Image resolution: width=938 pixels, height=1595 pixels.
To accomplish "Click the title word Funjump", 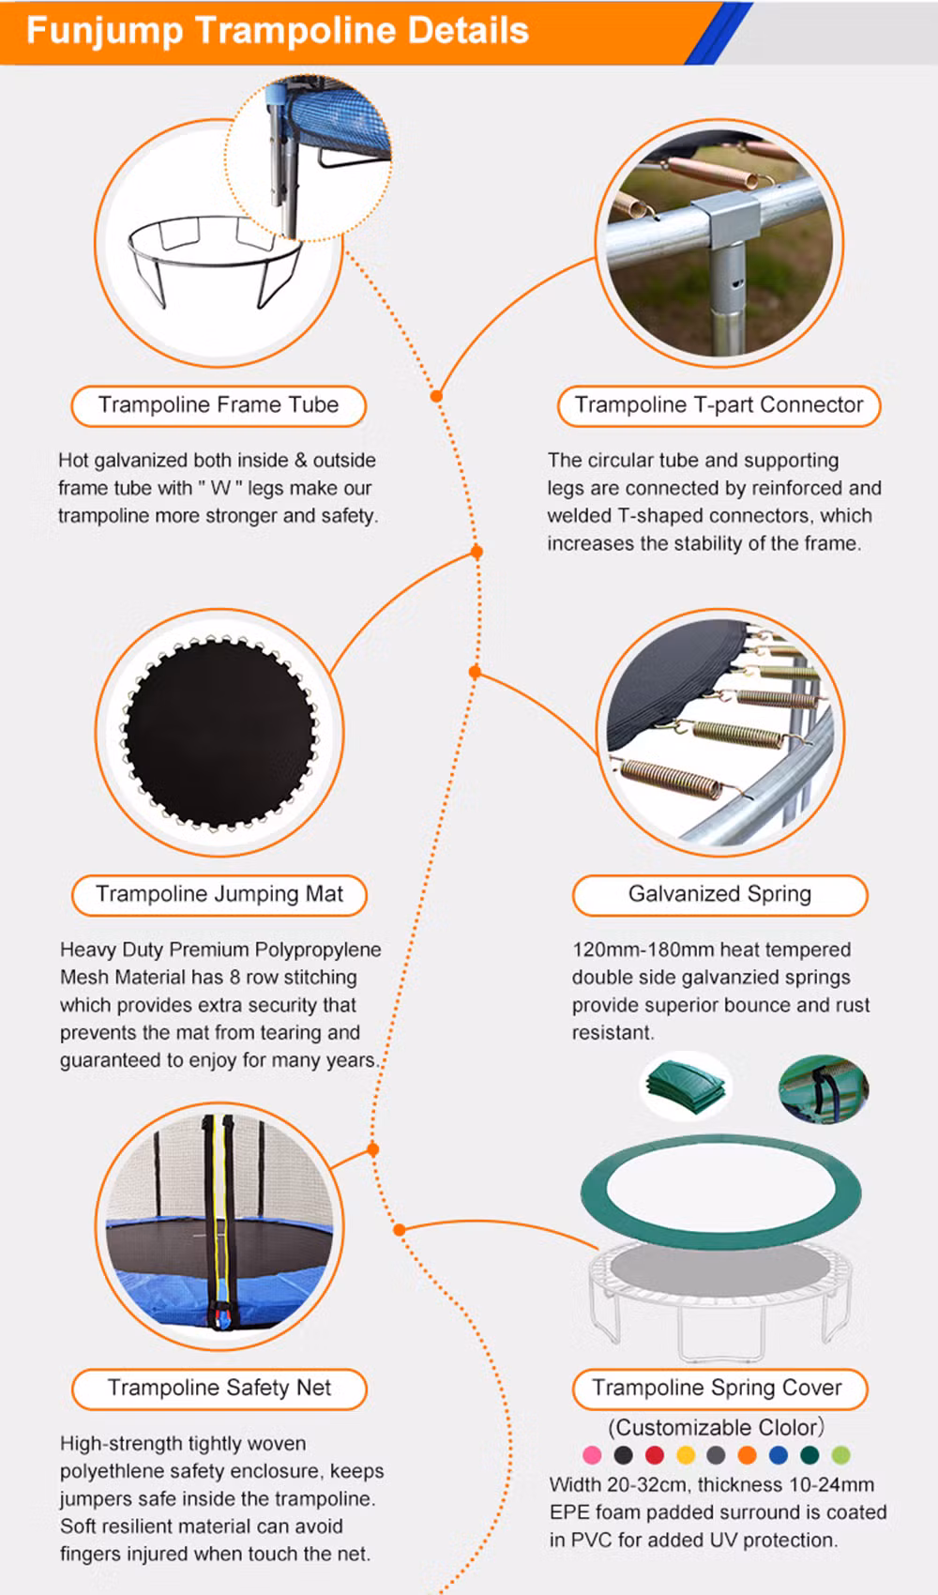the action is [x=104, y=31].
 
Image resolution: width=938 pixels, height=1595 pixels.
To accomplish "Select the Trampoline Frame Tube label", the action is [x=219, y=406].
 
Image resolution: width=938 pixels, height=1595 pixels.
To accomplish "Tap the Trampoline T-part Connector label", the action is [x=719, y=406].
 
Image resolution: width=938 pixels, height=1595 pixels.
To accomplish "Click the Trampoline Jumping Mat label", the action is [x=219, y=894].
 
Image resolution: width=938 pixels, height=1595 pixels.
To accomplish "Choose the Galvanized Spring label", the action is [x=719, y=894].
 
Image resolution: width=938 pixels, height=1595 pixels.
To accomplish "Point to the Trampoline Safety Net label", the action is [x=219, y=1388].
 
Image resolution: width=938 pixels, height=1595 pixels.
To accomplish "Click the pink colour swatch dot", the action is [x=592, y=1455].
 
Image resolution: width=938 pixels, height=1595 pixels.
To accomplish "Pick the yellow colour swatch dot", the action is [x=686, y=1455].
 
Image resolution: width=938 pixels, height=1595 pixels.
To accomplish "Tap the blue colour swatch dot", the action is [x=779, y=1455].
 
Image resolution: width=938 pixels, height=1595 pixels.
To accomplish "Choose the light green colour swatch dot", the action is [x=840, y=1455].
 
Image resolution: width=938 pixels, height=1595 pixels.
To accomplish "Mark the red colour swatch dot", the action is [x=654, y=1455].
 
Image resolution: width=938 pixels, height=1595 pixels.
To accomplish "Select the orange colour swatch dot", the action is [x=748, y=1455].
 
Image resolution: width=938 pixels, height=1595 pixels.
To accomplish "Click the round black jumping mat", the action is [x=219, y=732].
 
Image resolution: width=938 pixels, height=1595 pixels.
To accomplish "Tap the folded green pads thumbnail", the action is [x=686, y=1086].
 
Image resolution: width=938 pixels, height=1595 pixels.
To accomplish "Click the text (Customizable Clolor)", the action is [x=716, y=1427].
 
